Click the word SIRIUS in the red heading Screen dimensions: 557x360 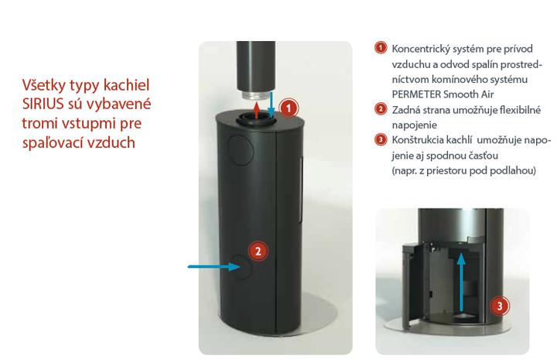[43, 104]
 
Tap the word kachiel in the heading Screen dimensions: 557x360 [126, 85]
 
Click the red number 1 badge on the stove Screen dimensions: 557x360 [289, 108]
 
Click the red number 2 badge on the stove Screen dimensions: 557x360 [258, 251]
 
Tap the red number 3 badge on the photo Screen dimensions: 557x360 [500, 306]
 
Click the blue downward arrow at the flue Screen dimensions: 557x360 [271, 104]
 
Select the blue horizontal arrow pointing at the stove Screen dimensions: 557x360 [214, 266]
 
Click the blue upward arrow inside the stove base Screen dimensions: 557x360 [461, 283]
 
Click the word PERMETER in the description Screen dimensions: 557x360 [416, 94]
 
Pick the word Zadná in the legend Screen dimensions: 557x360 [404, 110]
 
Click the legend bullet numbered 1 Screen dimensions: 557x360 [381, 48]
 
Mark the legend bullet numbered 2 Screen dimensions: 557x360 [381, 108]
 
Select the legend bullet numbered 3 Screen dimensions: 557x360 [381, 139]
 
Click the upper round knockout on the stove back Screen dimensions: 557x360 [241, 149]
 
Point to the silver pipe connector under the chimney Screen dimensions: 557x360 [255, 97]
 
